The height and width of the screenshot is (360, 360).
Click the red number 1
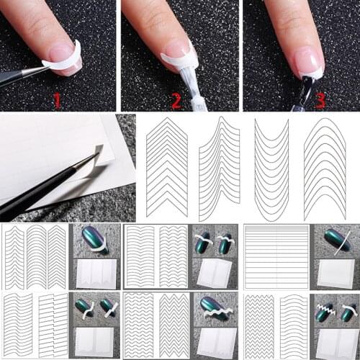57,99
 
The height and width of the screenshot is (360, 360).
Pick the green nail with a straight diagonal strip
336,240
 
